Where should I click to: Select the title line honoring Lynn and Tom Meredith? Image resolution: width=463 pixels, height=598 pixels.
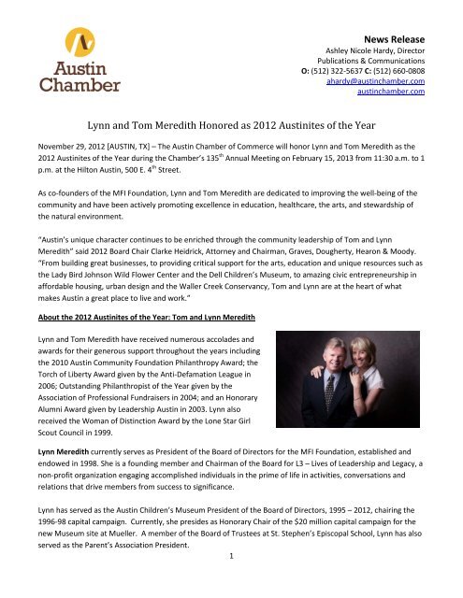231,121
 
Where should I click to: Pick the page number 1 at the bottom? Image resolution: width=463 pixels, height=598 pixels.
232,585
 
